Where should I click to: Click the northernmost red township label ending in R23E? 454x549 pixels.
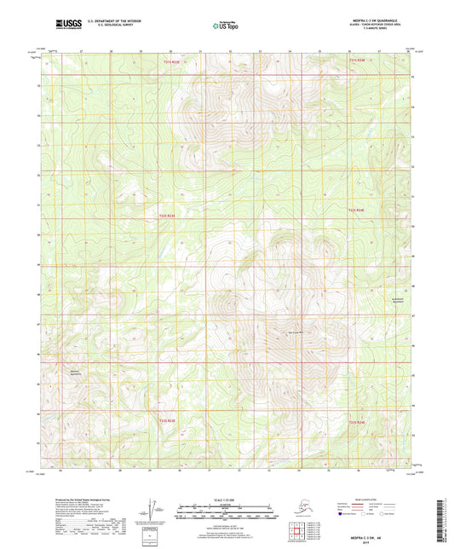point(172,61)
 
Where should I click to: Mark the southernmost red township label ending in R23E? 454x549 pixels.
point(166,419)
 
